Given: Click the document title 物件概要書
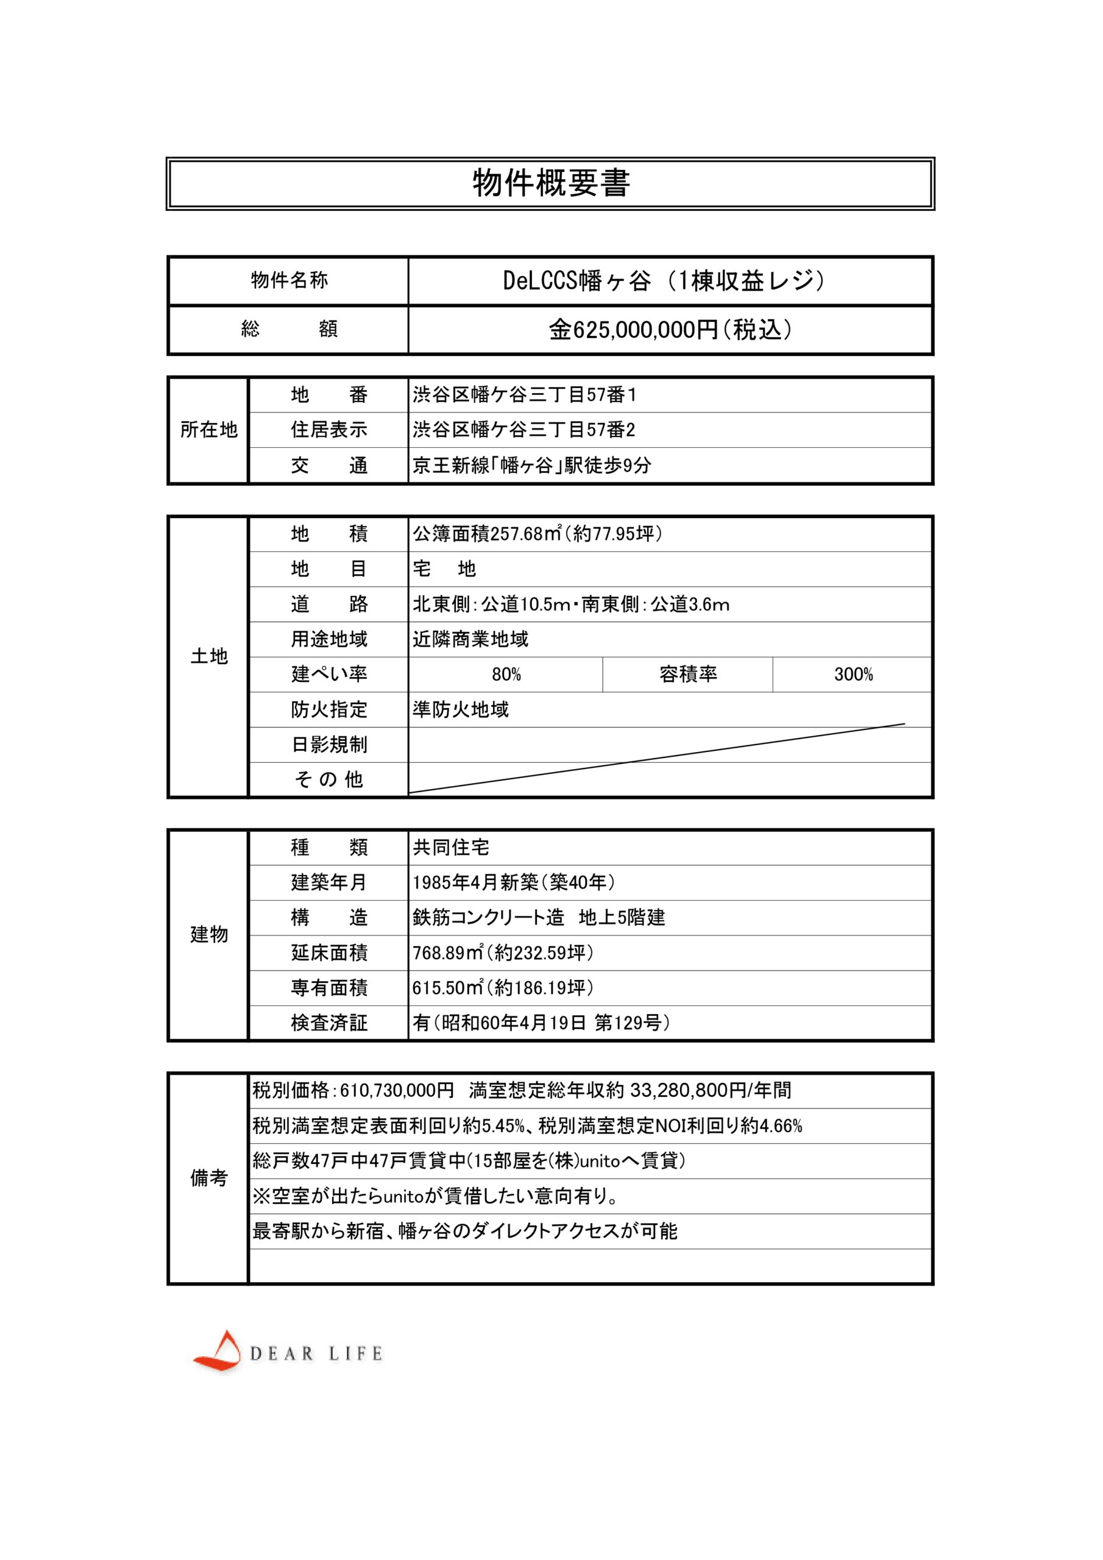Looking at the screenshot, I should pyautogui.click(x=550, y=183).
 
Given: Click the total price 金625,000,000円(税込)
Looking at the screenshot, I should pyautogui.click(x=669, y=330).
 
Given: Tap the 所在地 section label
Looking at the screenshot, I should pyautogui.click(x=208, y=430).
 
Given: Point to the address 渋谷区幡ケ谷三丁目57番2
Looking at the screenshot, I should pyautogui.click(x=524, y=430).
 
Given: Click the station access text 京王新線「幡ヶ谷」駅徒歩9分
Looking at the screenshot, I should pyautogui.click(x=531, y=466).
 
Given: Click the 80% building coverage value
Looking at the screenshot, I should pyautogui.click(x=506, y=675).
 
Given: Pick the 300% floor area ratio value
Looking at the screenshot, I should pyautogui.click(x=853, y=675).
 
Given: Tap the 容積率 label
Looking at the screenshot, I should pyautogui.click(x=688, y=675).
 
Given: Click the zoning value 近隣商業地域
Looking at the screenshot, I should pyautogui.click(x=470, y=639).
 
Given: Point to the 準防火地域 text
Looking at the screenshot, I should pyautogui.click(x=461, y=710).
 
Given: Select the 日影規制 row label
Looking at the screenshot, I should pyautogui.click(x=329, y=745).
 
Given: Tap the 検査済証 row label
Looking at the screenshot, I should pyautogui.click(x=329, y=1023).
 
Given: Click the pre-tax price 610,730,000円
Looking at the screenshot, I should pyautogui.click(x=397, y=1091).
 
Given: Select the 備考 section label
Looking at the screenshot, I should pyautogui.click(x=208, y=1178).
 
